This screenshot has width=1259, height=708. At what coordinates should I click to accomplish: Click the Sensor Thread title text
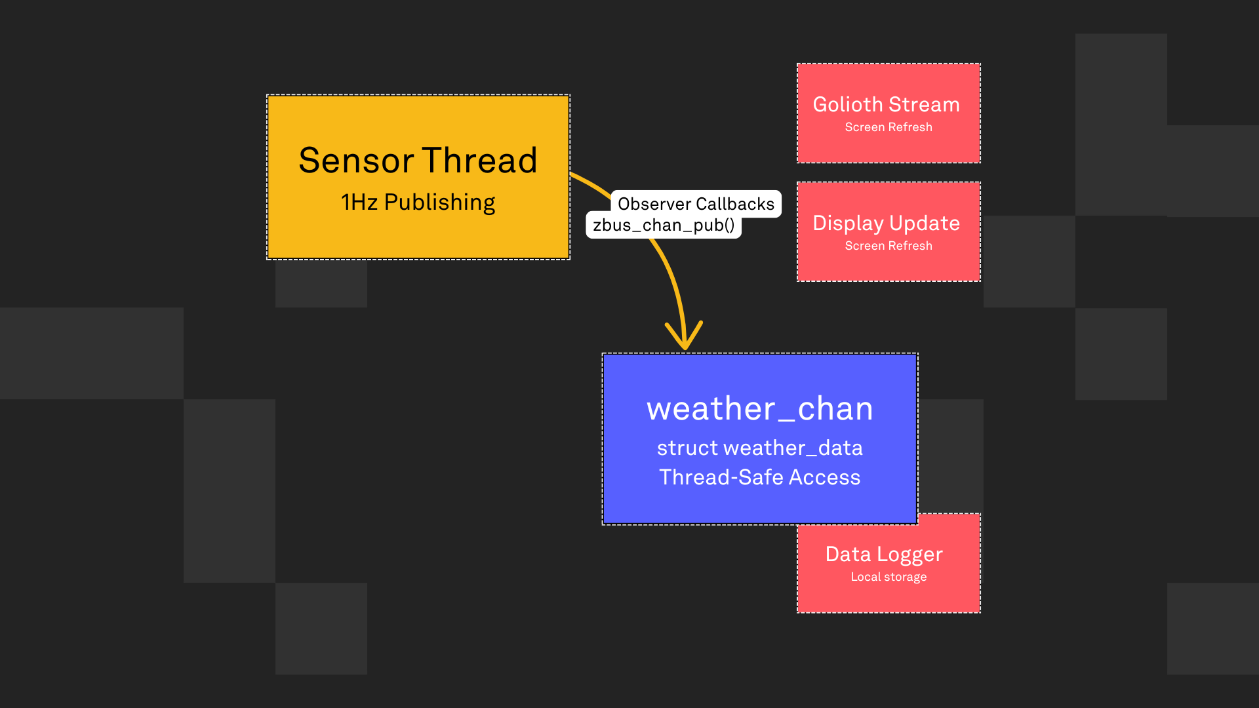pos(418,161)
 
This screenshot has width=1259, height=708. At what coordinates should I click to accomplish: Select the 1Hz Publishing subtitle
pos(418,203)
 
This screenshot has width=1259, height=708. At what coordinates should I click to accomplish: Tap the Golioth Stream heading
pos(886,105)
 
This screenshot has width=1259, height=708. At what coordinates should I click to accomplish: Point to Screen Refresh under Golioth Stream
pos(889,127)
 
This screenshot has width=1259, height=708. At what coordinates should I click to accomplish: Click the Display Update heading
pos(886,224)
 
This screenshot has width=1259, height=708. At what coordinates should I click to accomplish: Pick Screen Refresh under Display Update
pos(889,246)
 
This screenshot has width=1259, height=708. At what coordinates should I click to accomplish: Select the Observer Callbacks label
pos(696,204)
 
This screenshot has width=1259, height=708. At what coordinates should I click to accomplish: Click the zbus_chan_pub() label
pos(664,226)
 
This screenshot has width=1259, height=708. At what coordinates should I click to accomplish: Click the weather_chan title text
pos(760,409)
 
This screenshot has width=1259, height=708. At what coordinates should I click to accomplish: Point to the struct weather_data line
pos(760,448)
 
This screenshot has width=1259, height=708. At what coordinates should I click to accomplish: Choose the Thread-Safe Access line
pos(760,478)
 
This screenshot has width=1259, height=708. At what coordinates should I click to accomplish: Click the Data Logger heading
pos(884,555)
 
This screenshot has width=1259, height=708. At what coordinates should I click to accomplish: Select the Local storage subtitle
pos(889,577)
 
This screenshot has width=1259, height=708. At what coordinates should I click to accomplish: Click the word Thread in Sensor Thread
pos(479,161)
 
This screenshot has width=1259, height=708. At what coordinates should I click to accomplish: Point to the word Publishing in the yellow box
pos(439,203)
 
